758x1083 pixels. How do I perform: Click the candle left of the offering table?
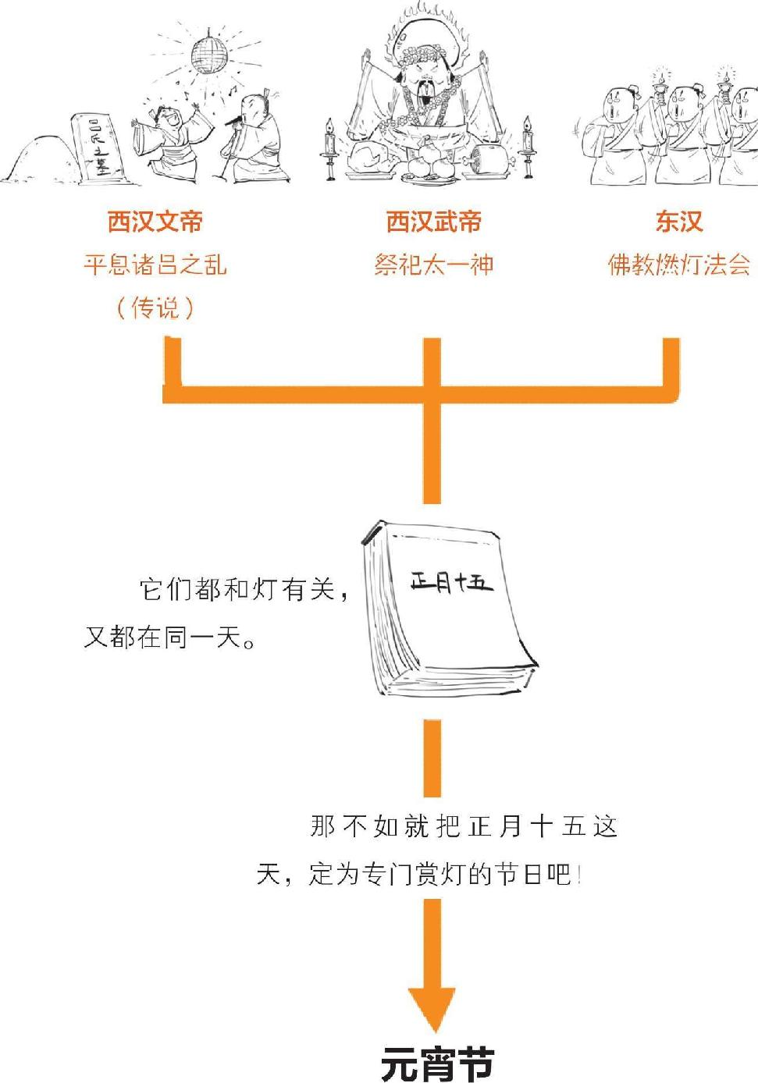[330, 147]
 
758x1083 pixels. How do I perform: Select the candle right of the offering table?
[527, 145]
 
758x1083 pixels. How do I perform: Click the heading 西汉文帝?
[155, 222]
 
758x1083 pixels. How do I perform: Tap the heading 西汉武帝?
[433, 222]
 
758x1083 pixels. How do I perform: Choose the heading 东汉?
[679, 222]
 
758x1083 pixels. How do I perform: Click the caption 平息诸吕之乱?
[155, 265]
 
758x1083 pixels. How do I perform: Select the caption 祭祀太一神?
[433, 265]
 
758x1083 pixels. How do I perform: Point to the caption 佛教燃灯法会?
[679, 265]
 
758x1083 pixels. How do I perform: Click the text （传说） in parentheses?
[155, 307]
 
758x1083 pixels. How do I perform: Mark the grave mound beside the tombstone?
[39, 159]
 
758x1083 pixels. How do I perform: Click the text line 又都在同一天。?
[169, 637]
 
